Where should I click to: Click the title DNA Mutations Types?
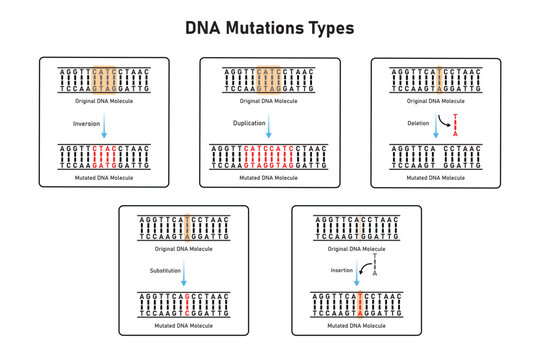pyautogui.click(x=270, y=28)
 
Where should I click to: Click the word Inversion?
pyautogui.click(x=88, y=125)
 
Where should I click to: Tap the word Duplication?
pyautogui.click(x=250, y=125)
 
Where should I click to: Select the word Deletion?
pyautogui.click(x=418, y=125)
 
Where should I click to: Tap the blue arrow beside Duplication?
pyautogui.click(x=271, y=125)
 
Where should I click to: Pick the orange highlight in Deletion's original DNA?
pyautogui.click(x=437, y=80)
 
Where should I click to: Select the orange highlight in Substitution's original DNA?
pyautogui.click(x=187, y=227)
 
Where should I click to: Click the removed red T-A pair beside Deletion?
pyautogui.click(x=457, y=124)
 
